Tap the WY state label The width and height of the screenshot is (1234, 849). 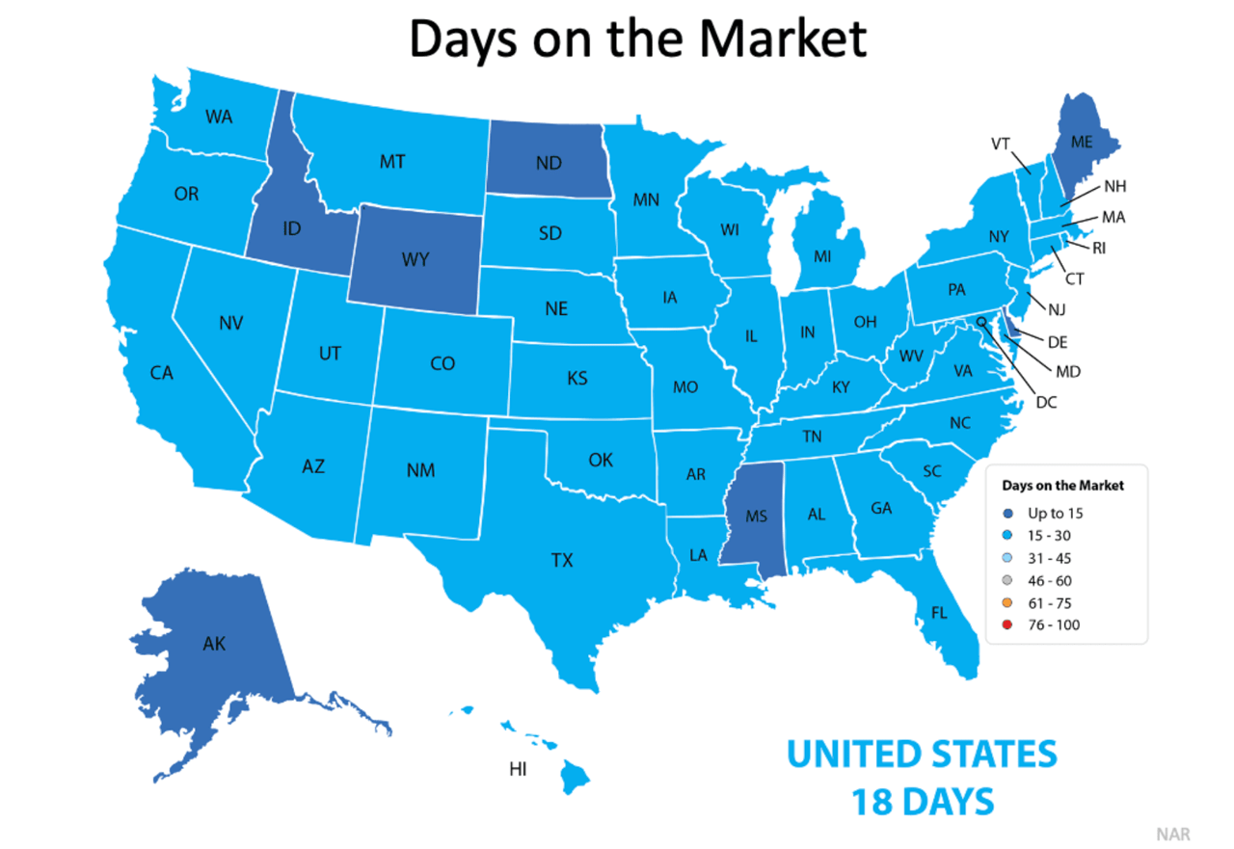[416, 260]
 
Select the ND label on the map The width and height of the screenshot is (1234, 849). [549, 164]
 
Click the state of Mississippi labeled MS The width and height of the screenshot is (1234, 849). [756, 517]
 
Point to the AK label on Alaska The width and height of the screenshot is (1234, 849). [214, 643]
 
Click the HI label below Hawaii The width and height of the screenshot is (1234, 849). [518, 769]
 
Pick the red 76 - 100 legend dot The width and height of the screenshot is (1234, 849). [1007, 625]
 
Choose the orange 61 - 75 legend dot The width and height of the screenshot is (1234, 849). [1007, 603]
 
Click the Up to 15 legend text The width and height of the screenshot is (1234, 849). [1055, 514]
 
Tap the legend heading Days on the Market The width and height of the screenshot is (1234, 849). [1062, 486]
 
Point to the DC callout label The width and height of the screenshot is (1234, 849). [1045, 402]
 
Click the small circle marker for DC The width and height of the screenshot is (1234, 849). [981, 322]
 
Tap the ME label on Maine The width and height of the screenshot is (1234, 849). [1082, 142]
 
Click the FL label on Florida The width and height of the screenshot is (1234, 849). [939, 612]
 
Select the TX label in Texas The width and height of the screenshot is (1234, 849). [562, 560]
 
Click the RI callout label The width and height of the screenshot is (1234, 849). [1098, 248]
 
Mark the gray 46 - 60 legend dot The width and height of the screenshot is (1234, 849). [1007, 581]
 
